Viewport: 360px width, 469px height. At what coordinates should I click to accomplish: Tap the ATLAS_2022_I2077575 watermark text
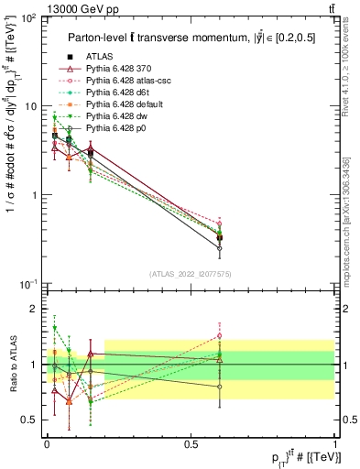191,272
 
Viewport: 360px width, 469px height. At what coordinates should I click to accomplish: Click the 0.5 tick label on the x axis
190,444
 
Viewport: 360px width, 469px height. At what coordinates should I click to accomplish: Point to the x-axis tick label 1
333,444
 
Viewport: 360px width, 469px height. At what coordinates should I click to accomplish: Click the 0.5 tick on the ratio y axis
34,420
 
